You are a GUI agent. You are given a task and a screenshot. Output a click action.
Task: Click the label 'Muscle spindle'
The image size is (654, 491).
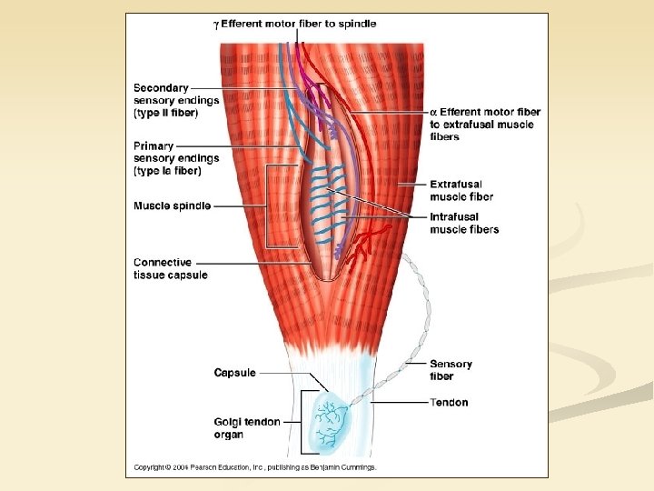point(172,206)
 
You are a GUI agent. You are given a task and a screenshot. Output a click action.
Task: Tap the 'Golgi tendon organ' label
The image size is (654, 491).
point(246,427)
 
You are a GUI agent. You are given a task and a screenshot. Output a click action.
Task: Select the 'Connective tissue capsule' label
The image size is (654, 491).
point(170,269)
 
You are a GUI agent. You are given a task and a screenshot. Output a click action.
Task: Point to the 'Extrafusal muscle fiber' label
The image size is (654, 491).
point(461,190)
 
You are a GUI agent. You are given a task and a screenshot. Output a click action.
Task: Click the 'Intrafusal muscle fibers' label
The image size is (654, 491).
point(464,224)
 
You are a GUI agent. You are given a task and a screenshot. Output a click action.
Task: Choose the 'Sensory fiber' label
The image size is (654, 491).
point(451,369)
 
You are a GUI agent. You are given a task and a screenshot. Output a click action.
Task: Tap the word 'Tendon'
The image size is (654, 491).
point(449,402)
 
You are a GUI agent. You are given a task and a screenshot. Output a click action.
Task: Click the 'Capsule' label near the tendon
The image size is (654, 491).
point(234,373)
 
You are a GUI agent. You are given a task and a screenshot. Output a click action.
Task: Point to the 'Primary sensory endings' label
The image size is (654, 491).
point(175,158)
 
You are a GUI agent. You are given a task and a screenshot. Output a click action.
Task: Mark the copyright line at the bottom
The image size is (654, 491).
point(254,467)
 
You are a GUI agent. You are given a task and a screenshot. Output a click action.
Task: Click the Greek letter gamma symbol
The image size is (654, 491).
point(215,25)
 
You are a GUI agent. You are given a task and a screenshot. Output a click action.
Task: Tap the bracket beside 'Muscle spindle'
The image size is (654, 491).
point(267,206)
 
